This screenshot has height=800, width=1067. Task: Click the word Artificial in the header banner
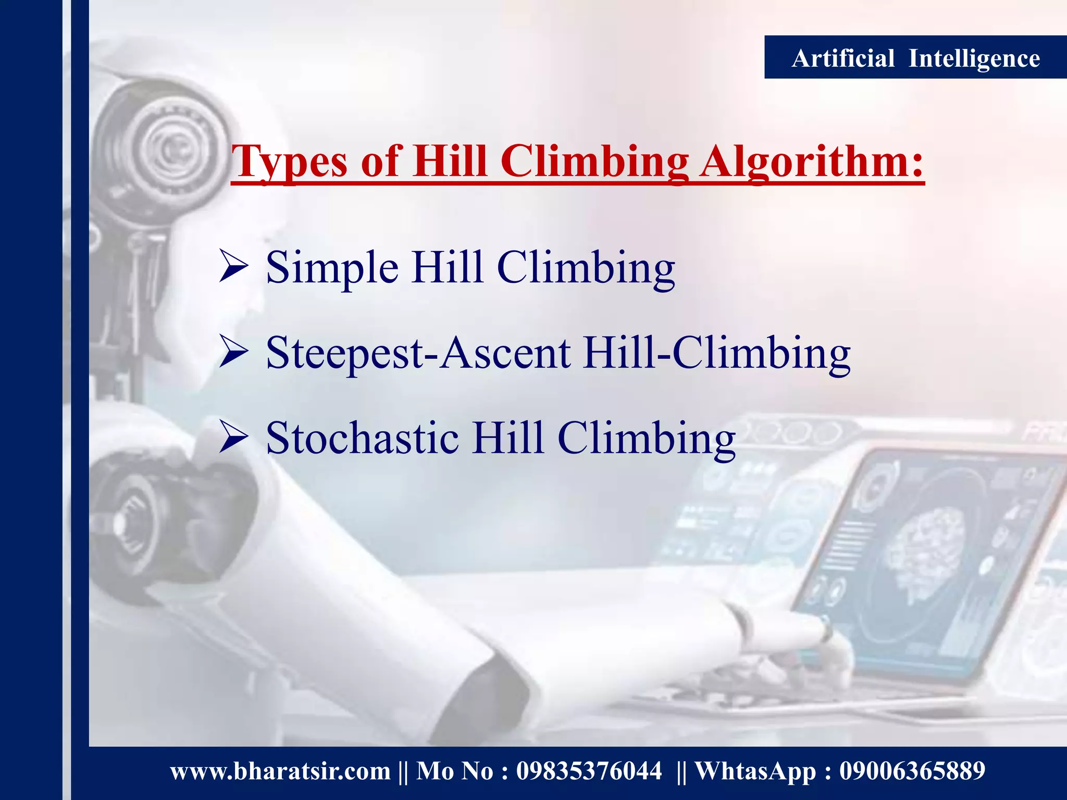pyautogui.click(x=842, y=58)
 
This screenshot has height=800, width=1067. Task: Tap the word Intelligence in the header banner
pyautogui.click(x=974, y=58)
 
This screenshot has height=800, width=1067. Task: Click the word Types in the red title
pyautogui.click(x=289, y=161)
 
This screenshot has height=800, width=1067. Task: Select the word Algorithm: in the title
pyautogui.click(x=811, y=161)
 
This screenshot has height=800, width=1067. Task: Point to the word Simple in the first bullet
pyautogui.click(x=332, y=268)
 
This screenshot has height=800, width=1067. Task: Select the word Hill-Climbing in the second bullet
pyautogui.click(x=717, y=353)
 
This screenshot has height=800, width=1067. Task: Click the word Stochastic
pyautogui.click(x=362, y=438)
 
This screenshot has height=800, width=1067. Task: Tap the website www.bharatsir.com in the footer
pyautogui.click(x=280, y=771)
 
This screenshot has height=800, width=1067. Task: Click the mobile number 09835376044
pyautogui.click(x=589, y=771)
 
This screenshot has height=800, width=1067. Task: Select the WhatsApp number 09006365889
pyautogui.click(x=912, y=771)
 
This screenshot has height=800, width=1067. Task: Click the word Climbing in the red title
pyautogui.click(x=594, y=161)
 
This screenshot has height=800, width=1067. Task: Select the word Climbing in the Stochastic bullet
pyautogui.click(x=646, y=438)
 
